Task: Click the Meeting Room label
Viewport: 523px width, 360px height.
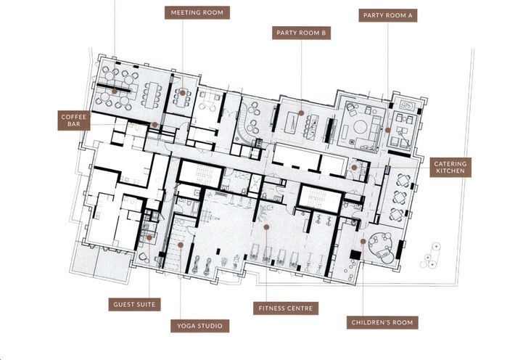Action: (197, 12)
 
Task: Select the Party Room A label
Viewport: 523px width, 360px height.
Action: (390, 14)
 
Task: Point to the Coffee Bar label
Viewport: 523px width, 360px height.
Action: (74, 120)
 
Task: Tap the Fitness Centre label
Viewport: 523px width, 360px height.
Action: (286, 308)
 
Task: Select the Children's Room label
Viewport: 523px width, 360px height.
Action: (382, 321)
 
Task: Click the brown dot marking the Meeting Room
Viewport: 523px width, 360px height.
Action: (183, 92)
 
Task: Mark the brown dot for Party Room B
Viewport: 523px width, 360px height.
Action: (301, 113)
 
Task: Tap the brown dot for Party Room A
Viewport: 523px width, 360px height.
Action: (388, 131)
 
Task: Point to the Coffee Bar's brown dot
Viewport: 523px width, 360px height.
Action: (155, 125)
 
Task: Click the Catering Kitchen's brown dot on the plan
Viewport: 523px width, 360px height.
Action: (354, 167)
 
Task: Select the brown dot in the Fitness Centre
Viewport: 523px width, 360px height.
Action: (266, 227)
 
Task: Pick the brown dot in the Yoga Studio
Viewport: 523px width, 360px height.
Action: (180, 245)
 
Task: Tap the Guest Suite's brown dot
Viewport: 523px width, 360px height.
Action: (149, 237)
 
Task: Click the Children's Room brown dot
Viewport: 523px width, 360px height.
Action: (363, 242)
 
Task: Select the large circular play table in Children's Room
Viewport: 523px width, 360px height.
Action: (379, 244)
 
